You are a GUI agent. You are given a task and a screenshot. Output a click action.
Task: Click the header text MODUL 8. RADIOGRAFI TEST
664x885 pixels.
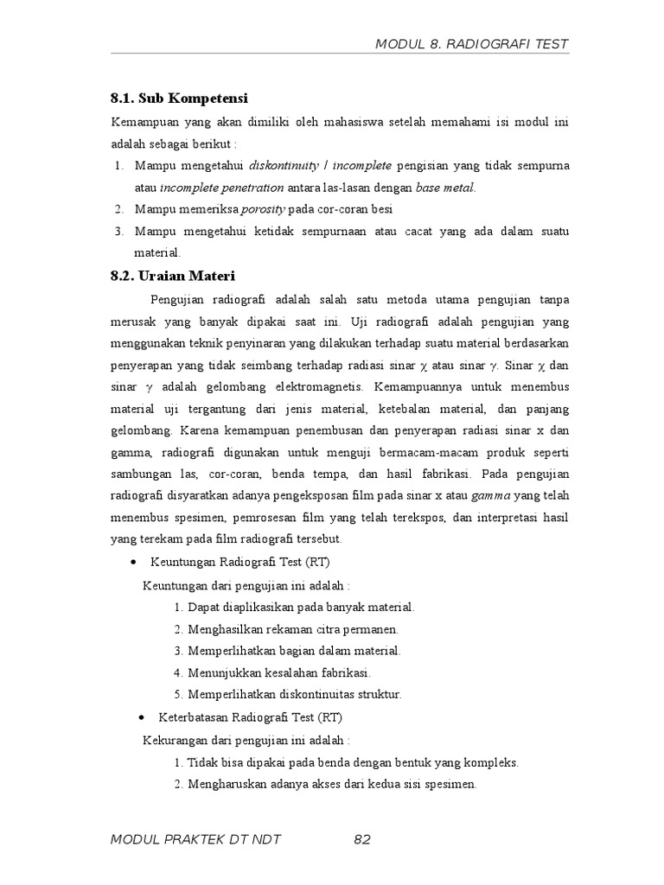(x=471, y=44)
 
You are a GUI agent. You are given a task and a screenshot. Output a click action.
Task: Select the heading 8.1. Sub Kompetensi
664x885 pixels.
(x=173, y=99)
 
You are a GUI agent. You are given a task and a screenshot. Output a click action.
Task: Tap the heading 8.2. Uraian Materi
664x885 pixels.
(x=173, y=276)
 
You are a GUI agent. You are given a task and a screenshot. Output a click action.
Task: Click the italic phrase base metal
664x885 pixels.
(x=445, y=187)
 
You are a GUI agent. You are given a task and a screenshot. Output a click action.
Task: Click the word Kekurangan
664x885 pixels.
(x=171, y=741)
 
